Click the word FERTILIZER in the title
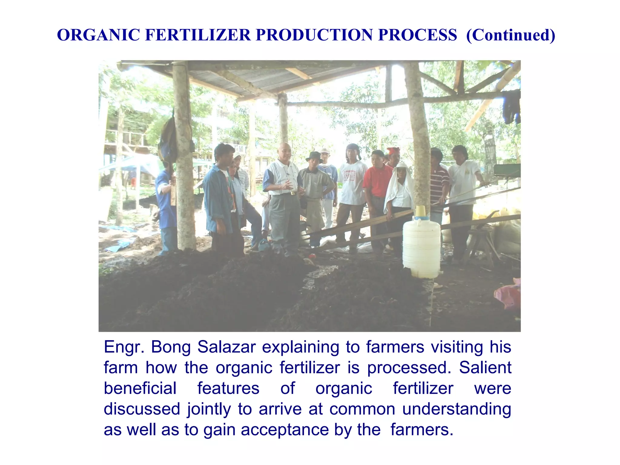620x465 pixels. point(198,35)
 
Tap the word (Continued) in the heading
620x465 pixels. point(511,35)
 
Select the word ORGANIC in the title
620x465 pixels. point(98,35)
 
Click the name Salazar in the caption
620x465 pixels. point(226,347)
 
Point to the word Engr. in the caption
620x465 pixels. point(124,348)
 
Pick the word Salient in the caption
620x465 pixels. point(485,368)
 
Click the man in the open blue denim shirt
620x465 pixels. point(219,197)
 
